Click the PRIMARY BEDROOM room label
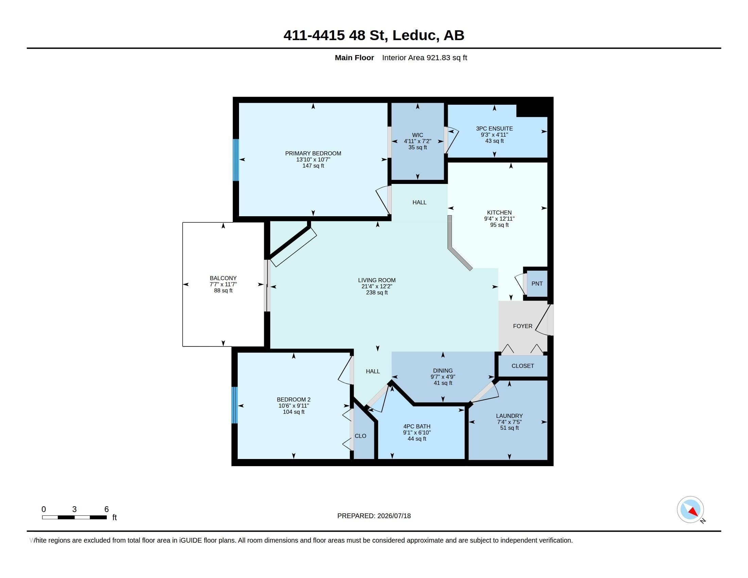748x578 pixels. tap(313, 153)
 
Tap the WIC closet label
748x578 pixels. tap(418, 135)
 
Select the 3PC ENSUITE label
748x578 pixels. tap(494, 129)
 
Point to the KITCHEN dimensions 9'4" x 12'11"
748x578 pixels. tap(499, 219)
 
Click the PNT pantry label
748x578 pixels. tap(537, 284)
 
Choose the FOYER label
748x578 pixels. tap(523, 326)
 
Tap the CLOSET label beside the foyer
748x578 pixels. tap(523, 366)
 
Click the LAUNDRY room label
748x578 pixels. tap(509, 416)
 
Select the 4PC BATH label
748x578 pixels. tap(417, 427)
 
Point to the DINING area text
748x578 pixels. tap(443, 371)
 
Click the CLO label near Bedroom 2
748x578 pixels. tap(360, 436)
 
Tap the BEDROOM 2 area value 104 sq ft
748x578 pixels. tap(293, 412)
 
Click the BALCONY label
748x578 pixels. tap(223, 278)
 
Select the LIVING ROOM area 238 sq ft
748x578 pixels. tap(377, 293)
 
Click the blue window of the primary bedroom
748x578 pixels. tap(236, 160)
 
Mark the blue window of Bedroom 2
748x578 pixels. tap(235, 405)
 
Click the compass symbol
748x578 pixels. tap(690, 510)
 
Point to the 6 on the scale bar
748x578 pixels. tap(106, 509)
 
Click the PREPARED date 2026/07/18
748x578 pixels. tap(394, 516)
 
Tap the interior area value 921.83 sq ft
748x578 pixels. tap(447, 58)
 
